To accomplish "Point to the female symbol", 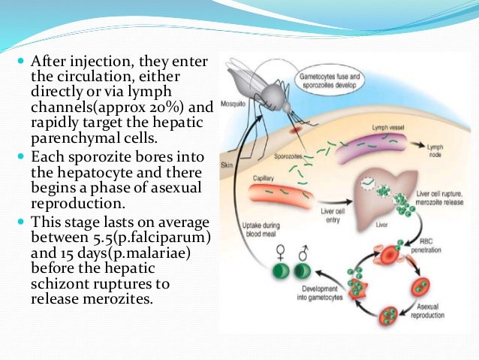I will point(281,251).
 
